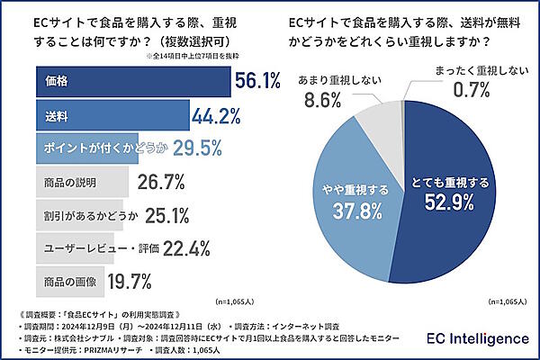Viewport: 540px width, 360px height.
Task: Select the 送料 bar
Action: coord(112,115)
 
